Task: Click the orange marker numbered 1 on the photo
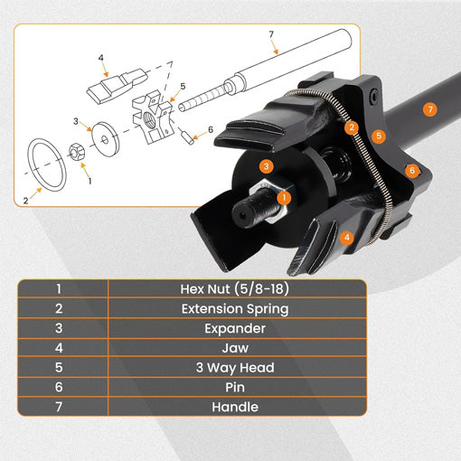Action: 284,196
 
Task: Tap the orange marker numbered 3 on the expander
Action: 265,165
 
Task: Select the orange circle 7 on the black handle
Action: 429,109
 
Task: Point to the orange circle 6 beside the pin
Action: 411,169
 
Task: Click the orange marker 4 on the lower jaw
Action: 346,238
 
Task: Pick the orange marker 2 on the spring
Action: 352,127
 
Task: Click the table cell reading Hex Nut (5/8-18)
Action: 237,290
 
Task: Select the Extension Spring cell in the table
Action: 237,310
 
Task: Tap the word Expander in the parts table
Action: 237,329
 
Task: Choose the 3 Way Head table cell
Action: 237,368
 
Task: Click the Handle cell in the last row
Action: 237,407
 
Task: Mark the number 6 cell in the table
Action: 60,387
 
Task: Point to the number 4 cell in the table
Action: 60,349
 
